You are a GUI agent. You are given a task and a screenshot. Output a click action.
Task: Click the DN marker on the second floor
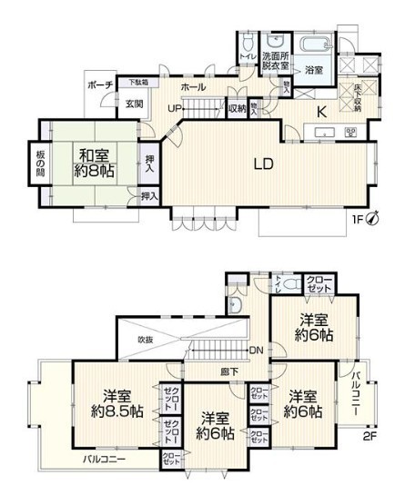257,351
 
